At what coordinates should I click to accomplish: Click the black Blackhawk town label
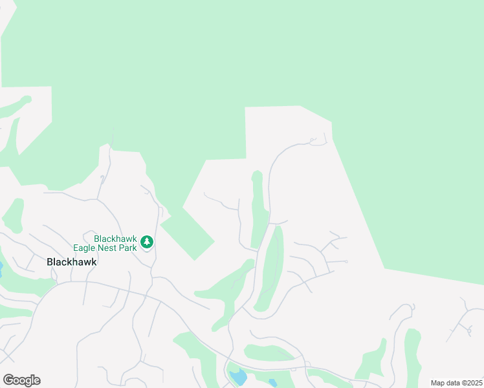point(71,262)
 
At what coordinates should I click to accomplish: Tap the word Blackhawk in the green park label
point(115,239)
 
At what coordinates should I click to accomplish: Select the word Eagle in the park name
point(85,247)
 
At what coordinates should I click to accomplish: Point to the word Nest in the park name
point(109,247)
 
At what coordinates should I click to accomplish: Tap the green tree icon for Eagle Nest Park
point(147,242)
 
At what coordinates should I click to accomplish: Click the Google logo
point(21,380)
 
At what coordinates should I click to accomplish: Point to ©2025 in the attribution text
point(472,383)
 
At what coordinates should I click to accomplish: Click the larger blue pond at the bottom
point(238,376)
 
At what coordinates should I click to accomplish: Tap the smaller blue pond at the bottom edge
point(272,383)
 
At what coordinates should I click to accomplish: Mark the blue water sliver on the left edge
point(1,268)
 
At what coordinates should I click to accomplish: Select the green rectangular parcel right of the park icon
point(187,235)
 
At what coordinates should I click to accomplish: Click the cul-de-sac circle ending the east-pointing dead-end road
point(347,261)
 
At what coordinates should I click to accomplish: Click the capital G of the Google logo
point(8,380)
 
